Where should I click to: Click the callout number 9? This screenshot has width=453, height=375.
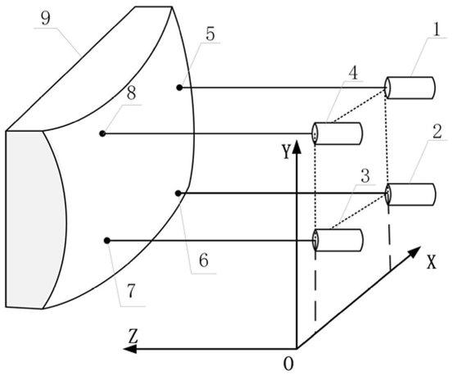45,20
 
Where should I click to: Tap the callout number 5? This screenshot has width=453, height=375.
211,34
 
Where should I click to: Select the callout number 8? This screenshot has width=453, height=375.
131,93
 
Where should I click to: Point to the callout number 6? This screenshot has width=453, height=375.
204,260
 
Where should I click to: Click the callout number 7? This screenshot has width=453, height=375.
131,291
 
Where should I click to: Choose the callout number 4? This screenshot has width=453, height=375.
353,74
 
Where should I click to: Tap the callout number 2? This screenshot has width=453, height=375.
437,133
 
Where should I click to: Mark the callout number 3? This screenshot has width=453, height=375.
365,176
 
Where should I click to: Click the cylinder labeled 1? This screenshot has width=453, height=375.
410,88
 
